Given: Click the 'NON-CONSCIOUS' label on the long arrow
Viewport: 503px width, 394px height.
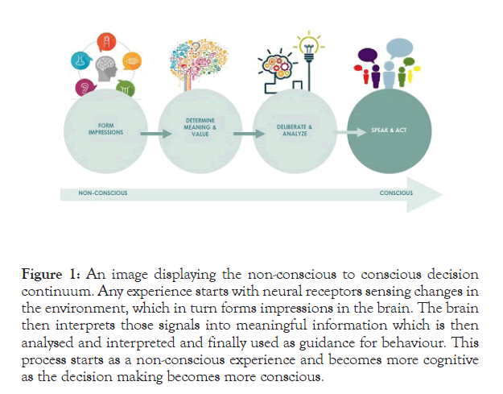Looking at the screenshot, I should pos(102,193).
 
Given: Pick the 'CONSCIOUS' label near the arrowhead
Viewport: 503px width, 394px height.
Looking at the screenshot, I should pos(396,193).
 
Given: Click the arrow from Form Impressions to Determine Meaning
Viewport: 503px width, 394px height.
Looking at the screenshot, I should pos(154,132).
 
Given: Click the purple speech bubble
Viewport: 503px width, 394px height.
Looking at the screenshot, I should pos(367,56).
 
